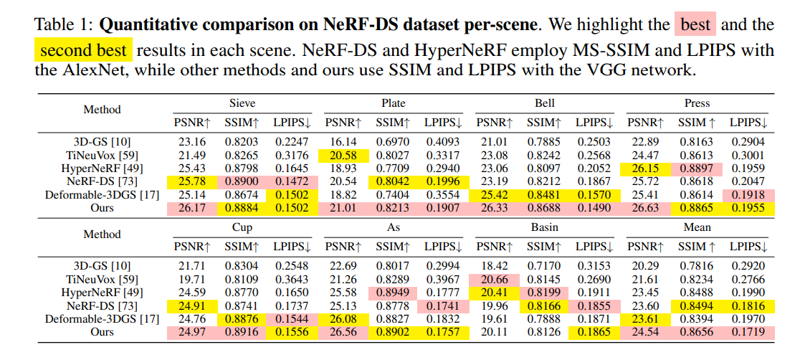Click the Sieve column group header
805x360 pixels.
click(x=242, y=103)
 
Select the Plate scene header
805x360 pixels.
click(x=394, y=103)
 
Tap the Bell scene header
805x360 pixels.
click(x=545, y=103)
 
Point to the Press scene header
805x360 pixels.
click(x=697, y=103)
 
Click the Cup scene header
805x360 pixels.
click(x=242, y=227)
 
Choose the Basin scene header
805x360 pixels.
click(x=545, y=227)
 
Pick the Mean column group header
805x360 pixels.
click(x=697, y=227)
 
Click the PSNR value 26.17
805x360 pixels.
click(x=190, y=208)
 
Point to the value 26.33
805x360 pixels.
click(x=492, y=208)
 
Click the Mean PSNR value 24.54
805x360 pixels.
click(x=643, y=332)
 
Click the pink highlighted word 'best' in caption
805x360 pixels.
click(x=695, y=25)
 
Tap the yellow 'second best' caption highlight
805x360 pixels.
click(x=84, y=52)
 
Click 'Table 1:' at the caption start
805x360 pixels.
click(x=63, y=25)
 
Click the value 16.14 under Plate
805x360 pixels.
click(x=341, y=143)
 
